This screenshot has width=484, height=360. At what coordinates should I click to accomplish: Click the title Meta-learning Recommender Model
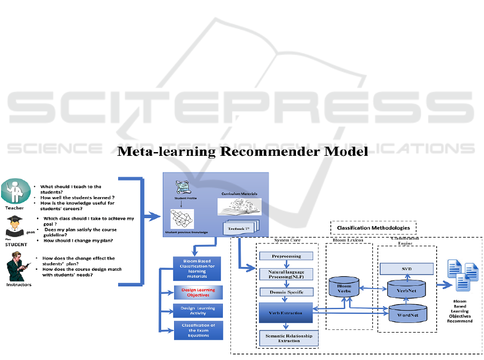coord(242,152)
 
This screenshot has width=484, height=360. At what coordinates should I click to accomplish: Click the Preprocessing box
coord(287,256)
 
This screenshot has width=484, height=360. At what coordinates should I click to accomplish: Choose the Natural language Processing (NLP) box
coord(287,275)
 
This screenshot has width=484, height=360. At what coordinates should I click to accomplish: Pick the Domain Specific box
coord(287,292)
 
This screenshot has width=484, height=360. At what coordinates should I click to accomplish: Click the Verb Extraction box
coord(287,313)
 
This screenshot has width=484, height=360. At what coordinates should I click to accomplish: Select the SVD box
coord(407,268)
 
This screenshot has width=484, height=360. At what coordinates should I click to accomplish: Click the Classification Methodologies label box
coord(373,228)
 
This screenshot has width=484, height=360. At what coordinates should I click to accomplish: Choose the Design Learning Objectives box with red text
coord(198,292)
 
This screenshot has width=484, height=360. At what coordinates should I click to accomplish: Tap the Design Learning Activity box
coord(198,311)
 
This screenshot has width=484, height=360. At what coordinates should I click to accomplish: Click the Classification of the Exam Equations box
coord(198,330)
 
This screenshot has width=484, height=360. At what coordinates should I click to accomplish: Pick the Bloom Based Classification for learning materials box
coord(197,269)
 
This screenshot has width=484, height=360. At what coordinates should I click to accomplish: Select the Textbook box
coord(240,228)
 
